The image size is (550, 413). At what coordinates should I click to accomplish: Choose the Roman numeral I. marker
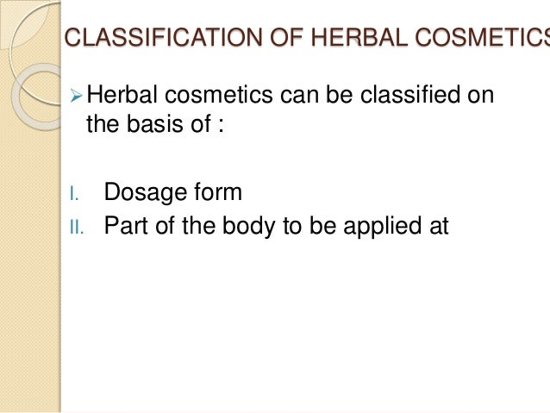coord(75,193)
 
